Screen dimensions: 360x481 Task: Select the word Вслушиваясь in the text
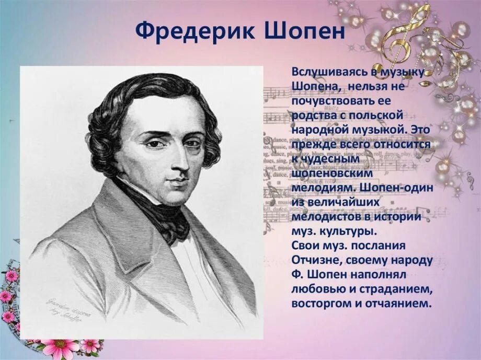point(324,72)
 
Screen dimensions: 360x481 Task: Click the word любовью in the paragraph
point(319,288)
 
